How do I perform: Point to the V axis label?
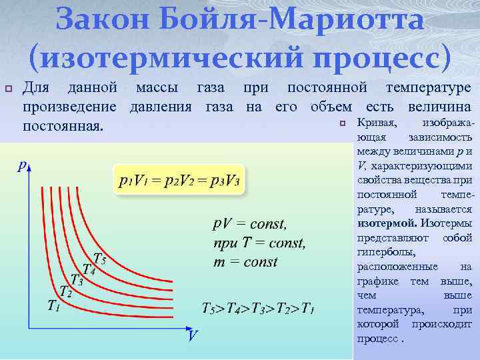point(191,335)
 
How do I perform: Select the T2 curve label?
point(65,292)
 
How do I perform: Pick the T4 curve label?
point(88,269)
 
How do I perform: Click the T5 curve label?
point(99,258)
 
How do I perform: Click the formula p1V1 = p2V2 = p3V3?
point(179,181)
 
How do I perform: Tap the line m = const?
point(245,261)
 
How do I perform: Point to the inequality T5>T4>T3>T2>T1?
point(258,308)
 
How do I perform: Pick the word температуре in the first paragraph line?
point(427,88)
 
